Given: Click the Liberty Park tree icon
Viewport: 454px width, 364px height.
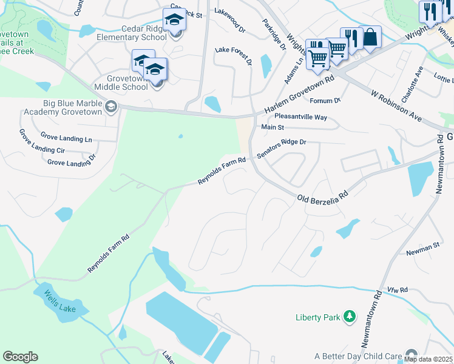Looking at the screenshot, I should click(x=349, y=316).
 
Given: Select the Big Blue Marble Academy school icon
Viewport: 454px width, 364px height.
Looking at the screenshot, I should click(x=110, y=107).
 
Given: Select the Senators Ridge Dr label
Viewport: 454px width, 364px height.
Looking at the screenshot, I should click(x=282, y=149).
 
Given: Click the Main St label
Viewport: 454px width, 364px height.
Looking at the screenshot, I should click(x=273, y=127).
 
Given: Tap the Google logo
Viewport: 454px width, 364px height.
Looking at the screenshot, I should click(x=20, y=356).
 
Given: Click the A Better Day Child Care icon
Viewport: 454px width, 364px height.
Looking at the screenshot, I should click(x=412, y=354).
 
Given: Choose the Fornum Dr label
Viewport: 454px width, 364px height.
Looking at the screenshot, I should click(x=325, y=100).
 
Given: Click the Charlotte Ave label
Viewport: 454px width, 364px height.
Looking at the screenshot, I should click(x=418, y=81).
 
